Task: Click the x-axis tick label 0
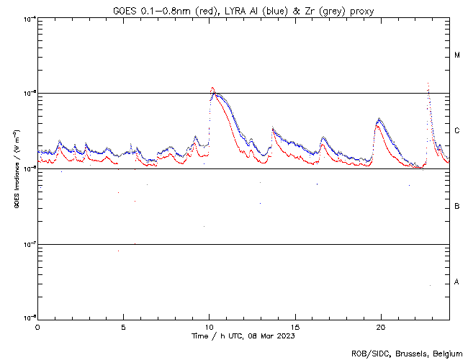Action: point(37,327)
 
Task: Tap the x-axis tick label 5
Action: point(123,327)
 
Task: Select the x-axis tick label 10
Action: point(209,327)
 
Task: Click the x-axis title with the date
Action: point(243,336)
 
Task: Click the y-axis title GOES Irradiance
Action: point(16,169)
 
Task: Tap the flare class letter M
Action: point(457,55)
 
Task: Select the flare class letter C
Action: point(457,131)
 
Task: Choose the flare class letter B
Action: point(457,207)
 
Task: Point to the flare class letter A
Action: point(457,282)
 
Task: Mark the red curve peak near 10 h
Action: point(212,88)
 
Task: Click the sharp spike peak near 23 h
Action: point(428,84)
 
